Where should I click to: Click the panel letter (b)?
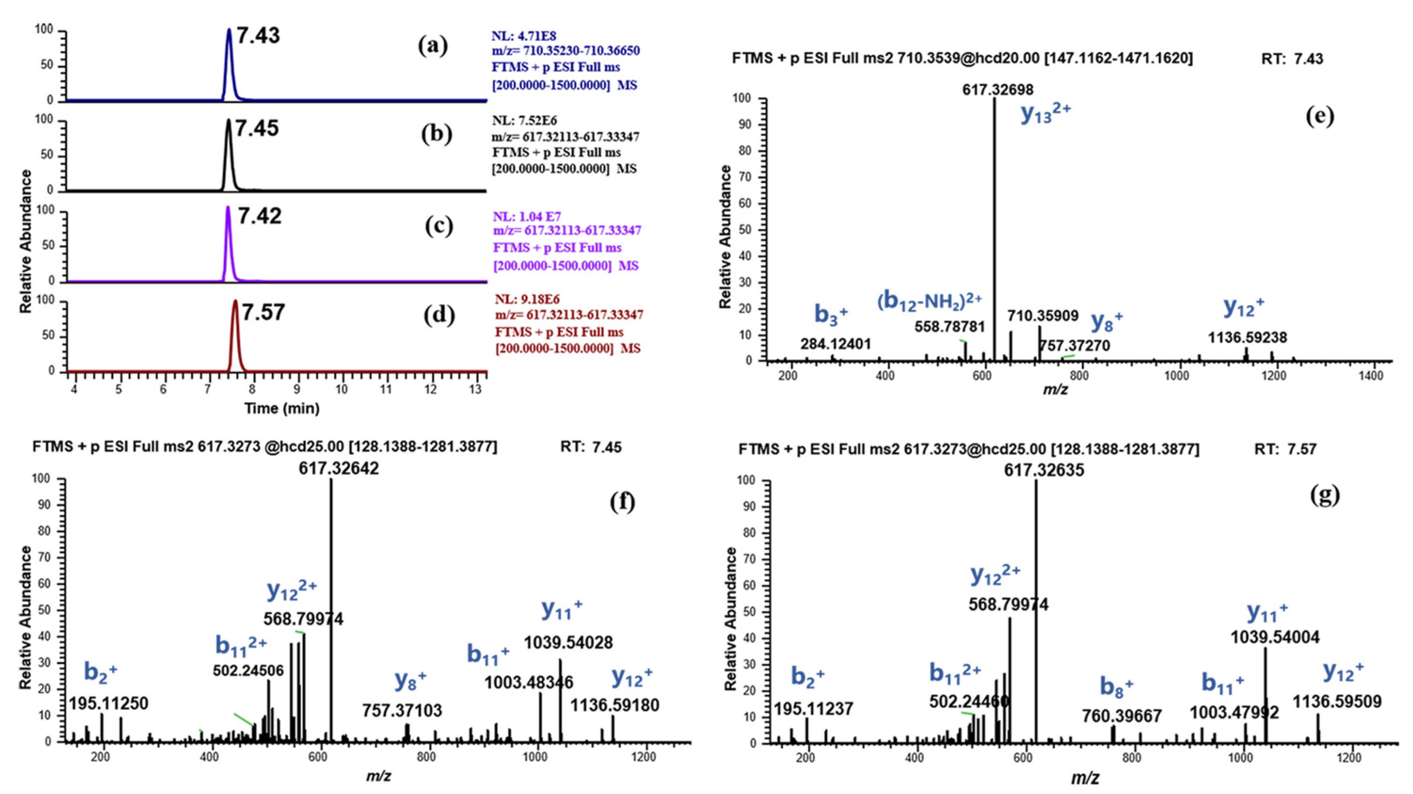point(437,134)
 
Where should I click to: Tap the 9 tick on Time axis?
point(297,390)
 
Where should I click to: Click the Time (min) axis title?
point(282,408)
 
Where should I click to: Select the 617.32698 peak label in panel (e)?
point(998,89)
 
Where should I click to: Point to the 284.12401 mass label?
point(836,344)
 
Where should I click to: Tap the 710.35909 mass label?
point(1043,316)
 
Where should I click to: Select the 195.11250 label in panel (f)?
point(109,703)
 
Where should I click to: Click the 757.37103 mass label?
point(402,711)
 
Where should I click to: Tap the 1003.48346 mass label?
point(528,683)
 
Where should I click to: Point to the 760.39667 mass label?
point(1122,716)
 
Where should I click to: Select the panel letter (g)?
point(1324,495)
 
